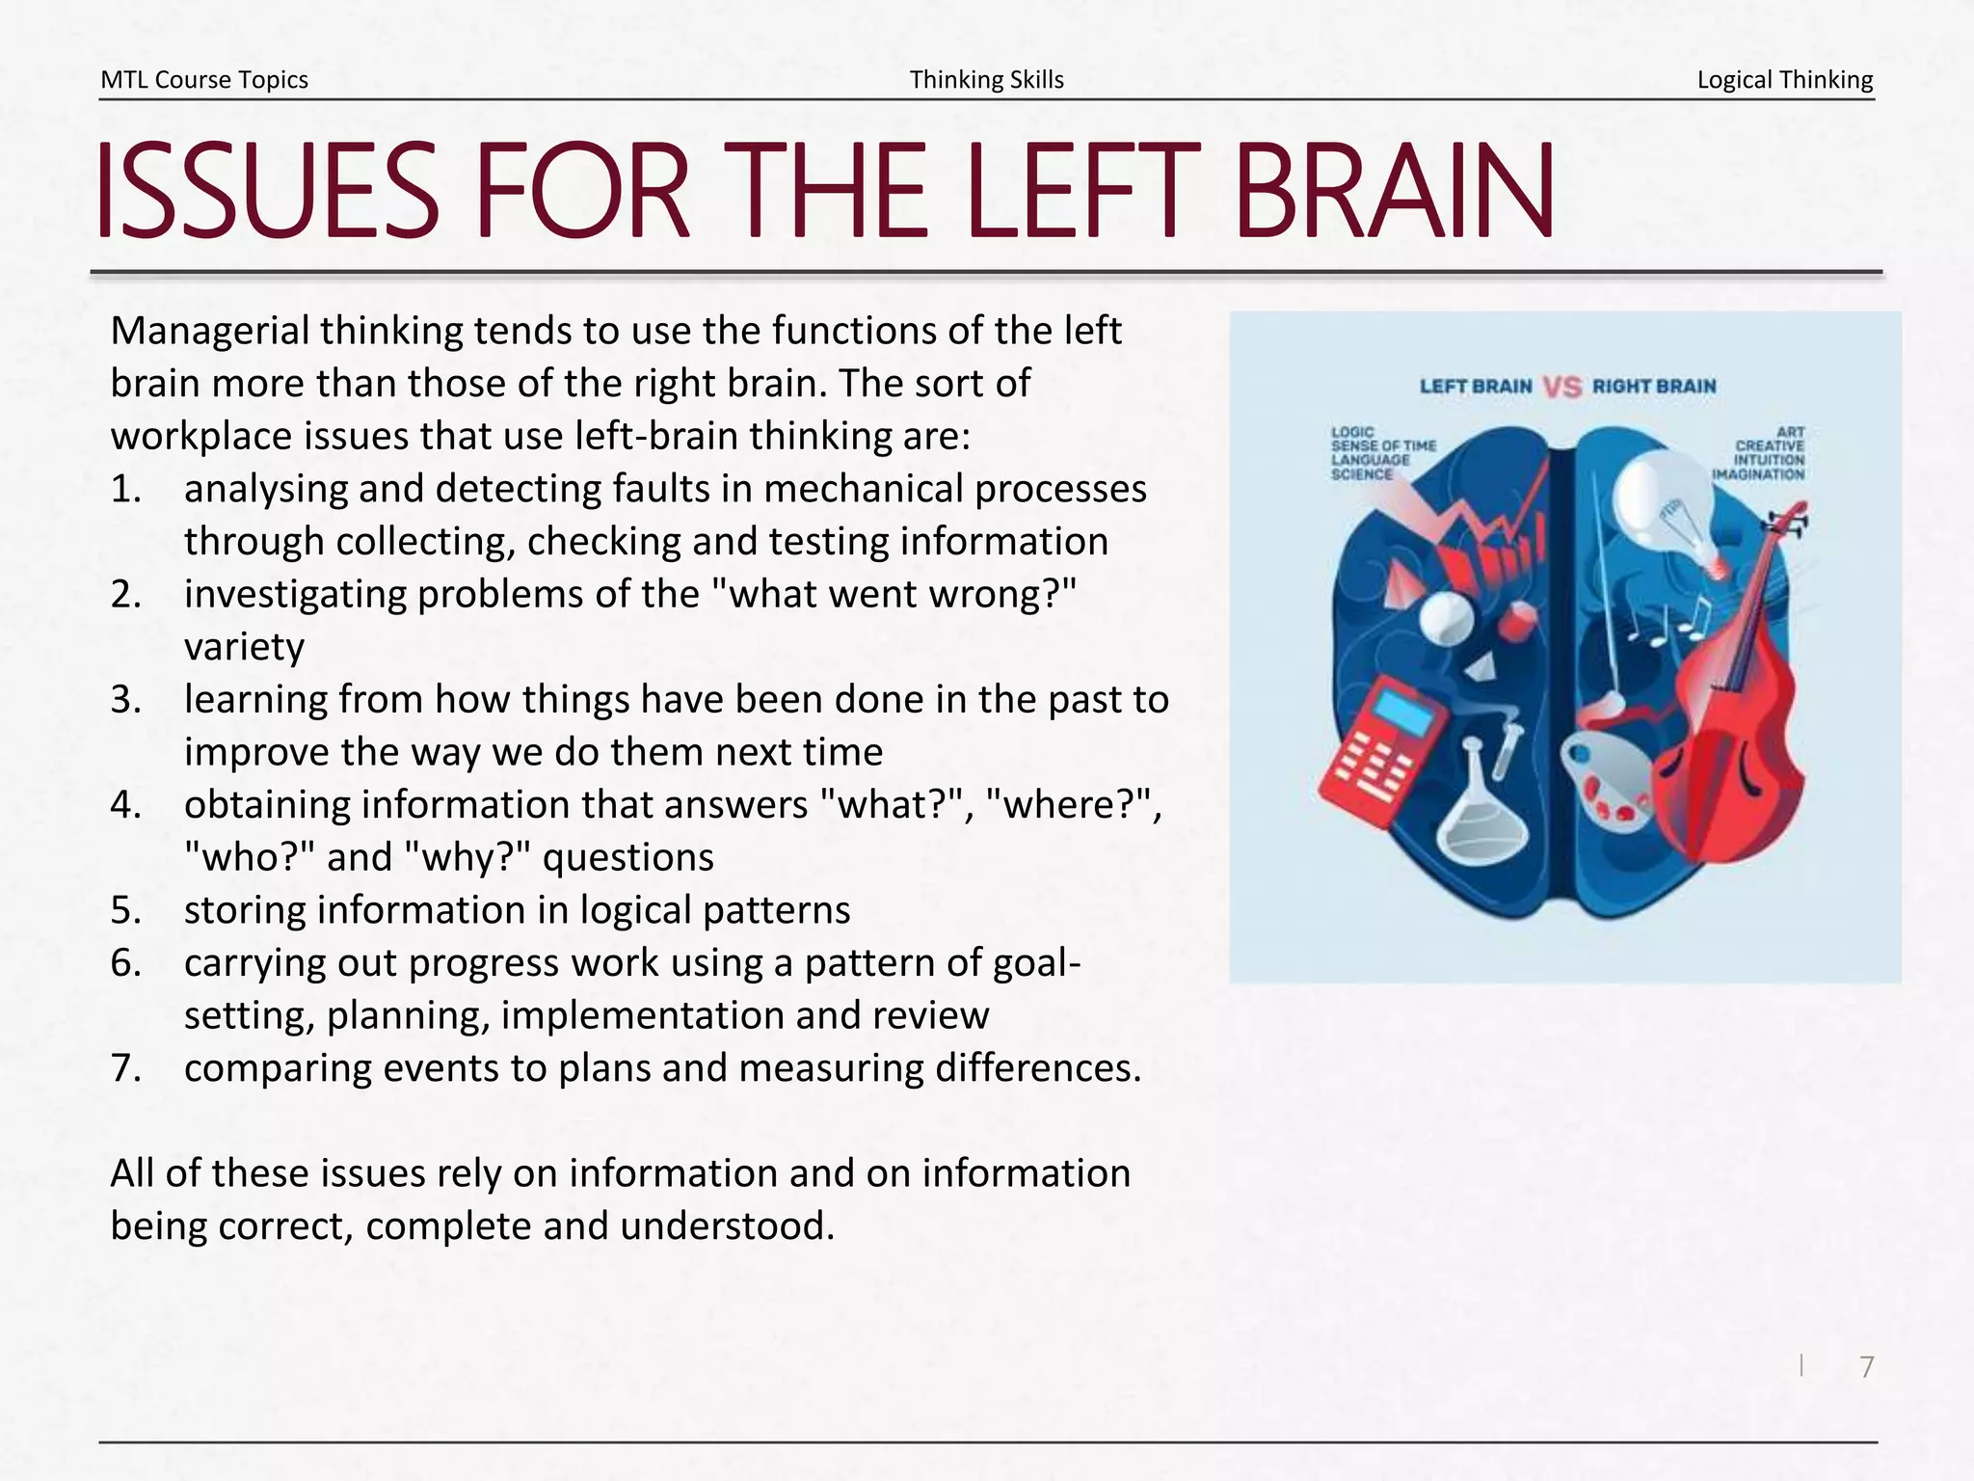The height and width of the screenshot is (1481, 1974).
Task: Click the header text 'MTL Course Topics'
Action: [x=204, y=79]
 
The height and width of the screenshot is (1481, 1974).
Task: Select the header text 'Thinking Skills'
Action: [x=986, y=79]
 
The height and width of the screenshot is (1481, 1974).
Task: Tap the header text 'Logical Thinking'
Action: [x=1784, y=79]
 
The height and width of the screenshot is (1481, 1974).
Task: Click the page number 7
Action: [x=1866, y=1366]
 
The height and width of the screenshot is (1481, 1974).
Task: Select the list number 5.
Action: [x=125, y=910]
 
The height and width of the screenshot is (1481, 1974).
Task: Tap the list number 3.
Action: [x=125, y=699]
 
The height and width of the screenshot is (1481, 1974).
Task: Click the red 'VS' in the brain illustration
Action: [x=1561, y=387]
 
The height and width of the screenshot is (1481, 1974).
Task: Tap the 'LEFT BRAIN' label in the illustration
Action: [x=1475, y=387]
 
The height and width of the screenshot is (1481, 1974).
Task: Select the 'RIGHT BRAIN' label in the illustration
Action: [x=1654, y=387]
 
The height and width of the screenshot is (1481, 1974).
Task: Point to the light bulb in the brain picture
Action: [x=1663, y=511]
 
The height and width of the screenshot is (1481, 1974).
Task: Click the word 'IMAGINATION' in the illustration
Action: [x=1758, y=474]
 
